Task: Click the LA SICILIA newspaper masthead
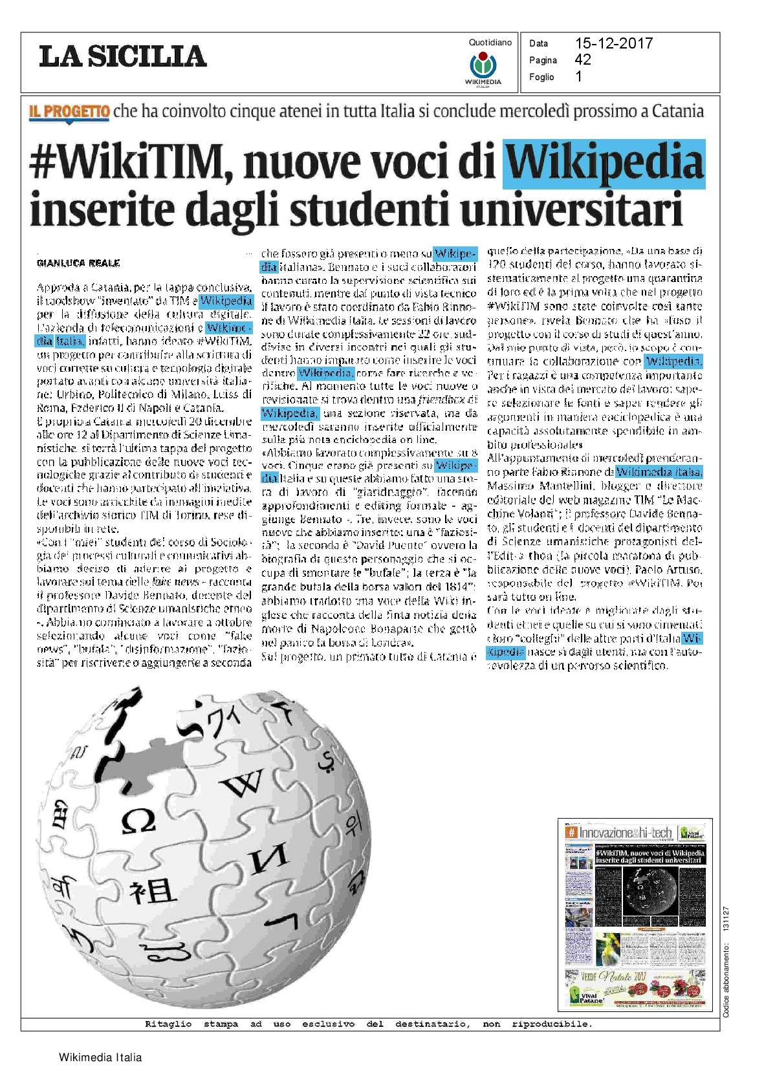tap(123, 56)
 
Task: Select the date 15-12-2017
tap(613, 43)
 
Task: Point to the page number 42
tap(582, 59)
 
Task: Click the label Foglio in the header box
tap(541, 77)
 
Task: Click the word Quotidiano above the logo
tap(490, 43)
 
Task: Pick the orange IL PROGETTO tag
tap(69, 111)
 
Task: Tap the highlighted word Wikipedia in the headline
tap(604, 163)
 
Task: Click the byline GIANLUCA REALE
tap(78, 263)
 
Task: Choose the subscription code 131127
tap(726, 918)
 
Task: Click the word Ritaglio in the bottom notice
tap(168, 1024)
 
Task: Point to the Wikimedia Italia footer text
tap(100, 1057)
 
